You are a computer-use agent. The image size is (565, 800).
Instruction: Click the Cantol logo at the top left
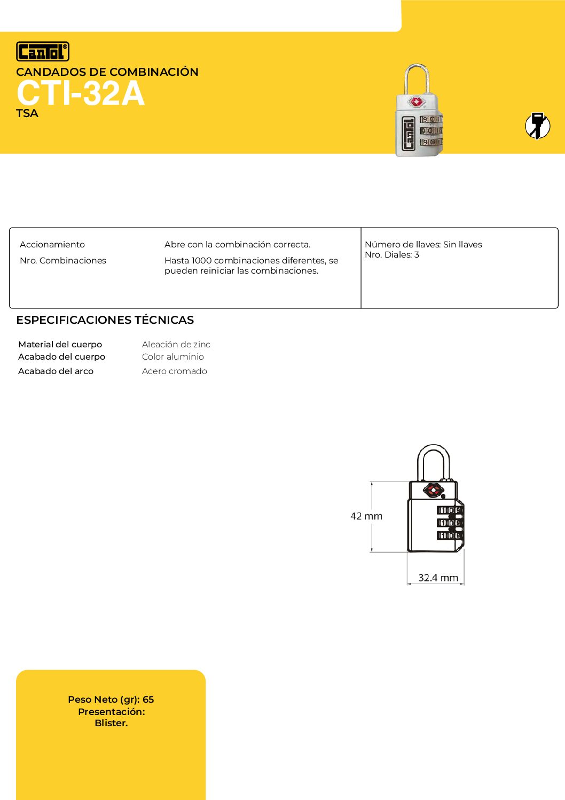coord(43,51)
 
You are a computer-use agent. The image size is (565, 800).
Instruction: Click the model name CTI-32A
coord(80,94)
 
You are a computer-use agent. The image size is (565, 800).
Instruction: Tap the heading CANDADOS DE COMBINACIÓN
coord(107,72)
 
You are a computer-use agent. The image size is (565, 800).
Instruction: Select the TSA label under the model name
coord(27,113)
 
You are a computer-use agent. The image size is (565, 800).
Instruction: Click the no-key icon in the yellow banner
coord(537,126)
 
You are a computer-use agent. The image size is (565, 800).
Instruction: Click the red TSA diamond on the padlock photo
coord(416,102)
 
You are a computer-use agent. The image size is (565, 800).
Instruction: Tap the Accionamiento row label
coord(52,245)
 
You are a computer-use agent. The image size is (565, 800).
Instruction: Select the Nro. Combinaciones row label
coord(63,261)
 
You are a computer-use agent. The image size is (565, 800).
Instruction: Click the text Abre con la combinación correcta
coord(237,245)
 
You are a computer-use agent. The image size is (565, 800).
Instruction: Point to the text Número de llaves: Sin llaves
coord(423,245)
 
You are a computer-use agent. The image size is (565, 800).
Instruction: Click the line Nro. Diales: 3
coord(392,255)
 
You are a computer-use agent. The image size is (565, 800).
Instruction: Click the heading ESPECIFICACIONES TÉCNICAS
coord(105,320)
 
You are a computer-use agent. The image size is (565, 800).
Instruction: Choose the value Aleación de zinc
coord(176,345)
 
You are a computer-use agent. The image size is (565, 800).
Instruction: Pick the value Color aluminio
coord(172,357)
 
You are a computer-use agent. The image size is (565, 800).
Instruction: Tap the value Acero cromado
coord(174,371)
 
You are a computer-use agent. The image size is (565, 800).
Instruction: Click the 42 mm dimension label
coord(366,516)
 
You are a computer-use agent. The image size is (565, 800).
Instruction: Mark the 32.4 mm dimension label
coord(438,578)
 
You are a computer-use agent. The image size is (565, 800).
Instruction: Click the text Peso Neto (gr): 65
coord(111,700)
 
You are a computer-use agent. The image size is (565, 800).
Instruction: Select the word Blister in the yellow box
coord(111,723)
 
